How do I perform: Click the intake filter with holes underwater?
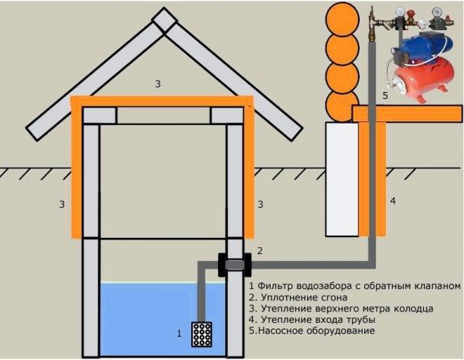(202, 333)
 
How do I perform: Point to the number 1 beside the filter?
(179, 334)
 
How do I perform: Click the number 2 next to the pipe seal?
(260, 250)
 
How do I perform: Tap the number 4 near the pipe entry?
(393, 201)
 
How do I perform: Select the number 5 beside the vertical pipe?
(385, 96)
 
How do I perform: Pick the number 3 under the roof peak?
(159, 83)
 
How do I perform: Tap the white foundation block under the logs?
(341, 178)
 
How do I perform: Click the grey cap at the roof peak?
(163, 20)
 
